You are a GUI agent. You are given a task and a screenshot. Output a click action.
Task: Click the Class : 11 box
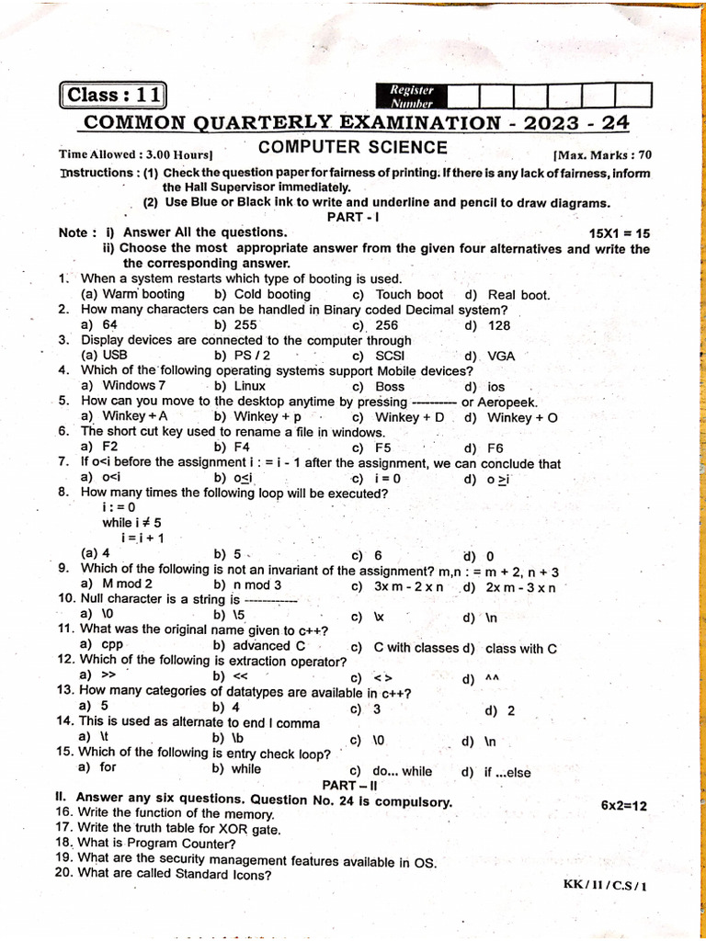pos(113,96)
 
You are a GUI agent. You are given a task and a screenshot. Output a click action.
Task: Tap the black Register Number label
pos(411,96)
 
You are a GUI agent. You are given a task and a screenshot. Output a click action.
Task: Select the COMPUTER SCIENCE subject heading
pos(352,148)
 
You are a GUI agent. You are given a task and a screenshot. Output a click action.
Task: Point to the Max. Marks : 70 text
pos(601,155)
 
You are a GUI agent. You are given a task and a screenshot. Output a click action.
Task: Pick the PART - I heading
pos(353,217)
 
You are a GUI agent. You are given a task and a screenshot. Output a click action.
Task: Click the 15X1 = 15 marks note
pos(618,233)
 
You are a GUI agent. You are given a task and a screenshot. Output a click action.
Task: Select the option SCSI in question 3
pos(390,356)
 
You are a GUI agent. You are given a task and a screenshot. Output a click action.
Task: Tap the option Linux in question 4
pos(249,386)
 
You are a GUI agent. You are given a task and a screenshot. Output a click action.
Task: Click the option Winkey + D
pos(409,417)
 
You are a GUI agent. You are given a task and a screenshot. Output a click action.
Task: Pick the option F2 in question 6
pos(109,448)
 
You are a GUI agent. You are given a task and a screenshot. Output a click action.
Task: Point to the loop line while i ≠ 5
pos(131,522)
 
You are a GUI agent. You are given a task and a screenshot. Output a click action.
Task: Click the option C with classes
pos(416,647)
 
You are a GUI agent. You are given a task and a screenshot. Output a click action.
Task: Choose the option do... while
pos(402,772)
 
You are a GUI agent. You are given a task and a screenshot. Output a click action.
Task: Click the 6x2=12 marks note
pos(624,805)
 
